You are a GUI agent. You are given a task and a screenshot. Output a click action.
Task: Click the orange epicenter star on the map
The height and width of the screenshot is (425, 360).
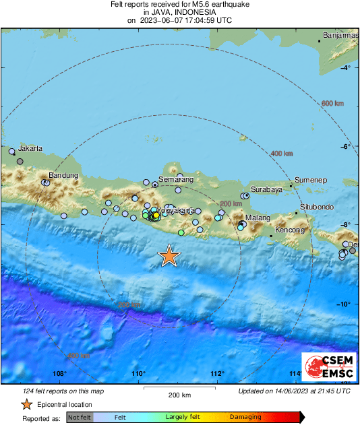[169, 255]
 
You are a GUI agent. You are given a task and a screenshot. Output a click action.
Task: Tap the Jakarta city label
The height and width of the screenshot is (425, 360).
[30, 148]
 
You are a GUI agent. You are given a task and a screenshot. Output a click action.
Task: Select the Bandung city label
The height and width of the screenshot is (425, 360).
[63, 176]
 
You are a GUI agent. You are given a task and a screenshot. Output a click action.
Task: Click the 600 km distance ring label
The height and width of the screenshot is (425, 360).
[332, 103]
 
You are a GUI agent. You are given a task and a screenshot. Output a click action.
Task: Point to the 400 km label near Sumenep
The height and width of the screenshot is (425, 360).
[281, 154]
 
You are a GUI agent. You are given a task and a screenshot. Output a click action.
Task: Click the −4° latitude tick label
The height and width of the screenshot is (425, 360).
[345, 68]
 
